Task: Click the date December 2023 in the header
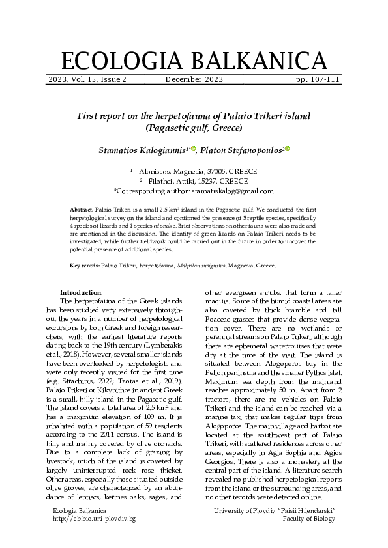pos(194,80)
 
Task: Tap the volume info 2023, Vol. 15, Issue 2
pos(87,80)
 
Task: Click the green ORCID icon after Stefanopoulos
pos(287,149)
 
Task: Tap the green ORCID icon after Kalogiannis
pos(193,149)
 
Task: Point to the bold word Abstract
pos(82,209)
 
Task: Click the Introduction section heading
pos(80,293)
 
